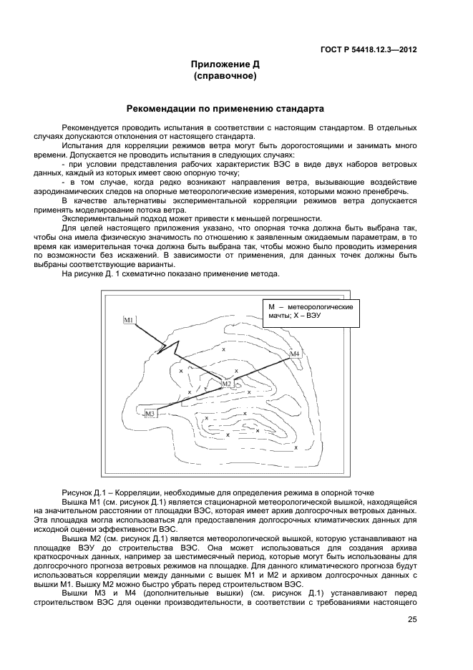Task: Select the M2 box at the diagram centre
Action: [227, 384]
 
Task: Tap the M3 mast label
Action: [150, 414]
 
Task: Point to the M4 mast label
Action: [295, 354]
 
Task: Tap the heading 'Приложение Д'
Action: [225, 64]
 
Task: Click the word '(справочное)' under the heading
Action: [225, 75]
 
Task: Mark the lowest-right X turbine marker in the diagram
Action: [296, 447]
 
